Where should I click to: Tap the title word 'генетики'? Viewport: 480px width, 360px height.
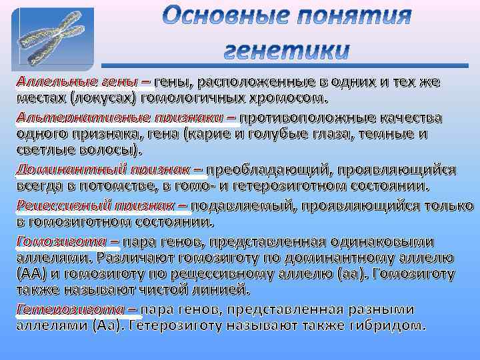[x=287, y=50]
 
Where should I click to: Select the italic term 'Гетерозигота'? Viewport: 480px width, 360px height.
[x=70, y=309]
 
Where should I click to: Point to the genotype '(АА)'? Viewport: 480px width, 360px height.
[x=31, y=274]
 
